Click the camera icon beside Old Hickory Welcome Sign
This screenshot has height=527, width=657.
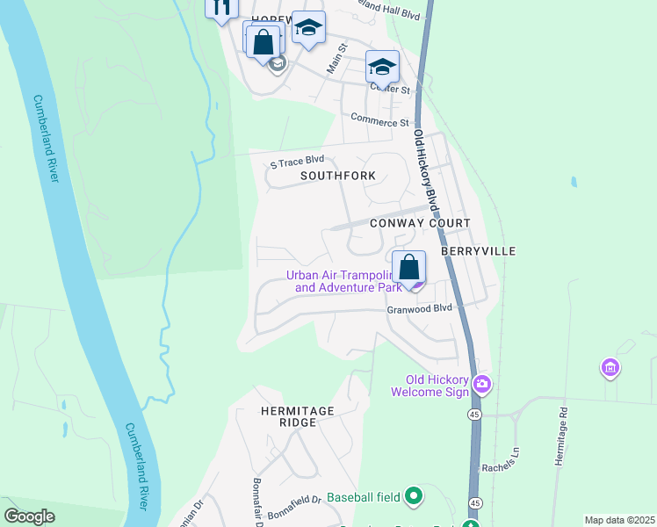coord(481,384)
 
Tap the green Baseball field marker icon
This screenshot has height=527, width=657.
coord(414,497)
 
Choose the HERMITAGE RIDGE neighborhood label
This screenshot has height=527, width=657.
coord(298,416)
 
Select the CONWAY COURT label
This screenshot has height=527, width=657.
coord(420,223)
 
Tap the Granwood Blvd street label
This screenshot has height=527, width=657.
coord(419,309)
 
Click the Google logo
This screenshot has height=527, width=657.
coord(30,516)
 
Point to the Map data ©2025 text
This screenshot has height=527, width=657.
coord(619,520)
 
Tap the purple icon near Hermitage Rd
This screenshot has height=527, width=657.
coord(610,367)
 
